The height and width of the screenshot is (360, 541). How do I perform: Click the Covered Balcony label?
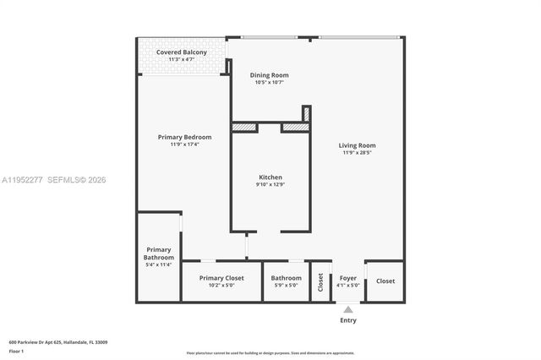pos(181,52)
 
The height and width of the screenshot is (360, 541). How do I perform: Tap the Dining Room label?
pos(269,75)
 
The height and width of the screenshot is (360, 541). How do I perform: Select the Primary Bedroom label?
pos(184,137)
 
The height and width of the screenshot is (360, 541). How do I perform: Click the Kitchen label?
pos(270,177)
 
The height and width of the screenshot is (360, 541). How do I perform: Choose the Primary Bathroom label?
pos(159,254)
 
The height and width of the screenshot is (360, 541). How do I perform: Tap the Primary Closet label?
pos(221,278)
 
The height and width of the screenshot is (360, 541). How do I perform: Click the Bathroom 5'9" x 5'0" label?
pos(286,278)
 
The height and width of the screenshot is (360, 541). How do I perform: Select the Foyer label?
pos(348,278)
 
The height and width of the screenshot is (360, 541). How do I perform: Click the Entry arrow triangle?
pos(348,309)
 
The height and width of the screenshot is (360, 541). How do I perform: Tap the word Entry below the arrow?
pos(348,320)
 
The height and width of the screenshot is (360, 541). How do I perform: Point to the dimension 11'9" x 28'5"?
pos(358,152)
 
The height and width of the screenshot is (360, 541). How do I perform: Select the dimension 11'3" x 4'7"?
pos(181,59)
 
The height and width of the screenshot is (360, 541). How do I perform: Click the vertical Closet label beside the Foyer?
pos(321,281)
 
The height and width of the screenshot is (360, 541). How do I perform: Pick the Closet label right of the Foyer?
pos(385,281)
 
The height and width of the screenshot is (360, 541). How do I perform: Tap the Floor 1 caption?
pos(16,350)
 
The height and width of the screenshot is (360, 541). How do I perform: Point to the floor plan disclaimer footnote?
pos(270,352)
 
